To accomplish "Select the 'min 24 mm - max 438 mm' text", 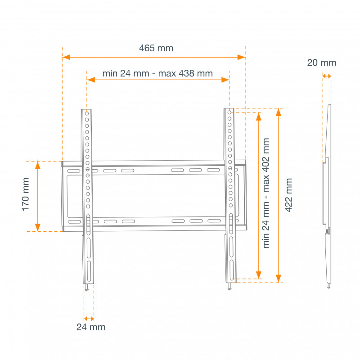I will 157,73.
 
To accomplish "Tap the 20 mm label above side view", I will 321,63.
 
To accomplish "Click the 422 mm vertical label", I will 289,195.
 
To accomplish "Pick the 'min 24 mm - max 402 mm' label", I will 266,193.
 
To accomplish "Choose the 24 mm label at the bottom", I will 90,327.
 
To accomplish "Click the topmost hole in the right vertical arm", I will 229,112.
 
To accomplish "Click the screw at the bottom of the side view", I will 329,286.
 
